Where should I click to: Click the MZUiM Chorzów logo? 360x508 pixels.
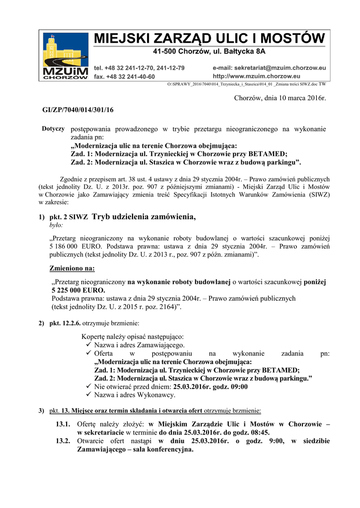pyautogui.click(x=65, y=56)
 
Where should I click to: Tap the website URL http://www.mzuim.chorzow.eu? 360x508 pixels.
pyautogui.click(x=256, y=76)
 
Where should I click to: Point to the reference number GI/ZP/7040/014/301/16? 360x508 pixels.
pyautogui.click(x=78, y=110)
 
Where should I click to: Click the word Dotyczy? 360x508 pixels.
pyautogui.click(x=53, y=129)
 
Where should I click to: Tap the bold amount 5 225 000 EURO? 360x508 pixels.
pyautogui.click(x=78, y=290)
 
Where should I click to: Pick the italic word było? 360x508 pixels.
pyautogui.click(x=56, y=225)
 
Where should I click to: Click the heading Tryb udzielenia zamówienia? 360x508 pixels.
pyautogui.click(x=144, y=216)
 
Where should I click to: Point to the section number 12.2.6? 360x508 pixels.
pyautogui.click(x=72, y=323)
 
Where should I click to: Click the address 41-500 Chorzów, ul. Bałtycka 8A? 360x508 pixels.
pyautogui.click(x=209, y=52)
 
